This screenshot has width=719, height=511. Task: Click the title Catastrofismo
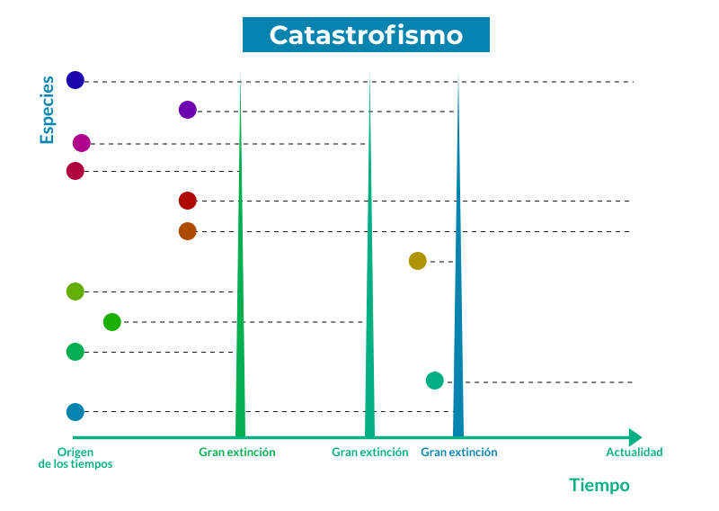click(x=366, y=35)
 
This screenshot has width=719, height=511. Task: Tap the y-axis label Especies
click(x=47, y=110)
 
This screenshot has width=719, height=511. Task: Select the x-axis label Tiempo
click(x=599, y=485)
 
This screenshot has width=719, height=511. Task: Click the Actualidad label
click(x=635, y=453)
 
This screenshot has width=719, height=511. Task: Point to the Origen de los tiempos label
click(x=75, y=458)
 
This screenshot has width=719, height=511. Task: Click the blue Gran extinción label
click(x=459, y=453)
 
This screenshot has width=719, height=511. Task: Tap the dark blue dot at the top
click(x=75, y=80)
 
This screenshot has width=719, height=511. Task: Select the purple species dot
click(x=188, y=110)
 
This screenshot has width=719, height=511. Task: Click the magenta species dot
click(x=82, y=143)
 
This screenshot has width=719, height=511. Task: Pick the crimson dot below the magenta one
click(x=75, y=171)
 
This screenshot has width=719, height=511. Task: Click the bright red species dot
click(x=188, y=201)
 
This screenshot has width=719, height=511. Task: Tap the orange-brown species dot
click(x=188, y=231)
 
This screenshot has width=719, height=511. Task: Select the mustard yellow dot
click(x=418, y=261)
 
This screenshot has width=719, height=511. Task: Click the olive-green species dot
click(x=75, y=291)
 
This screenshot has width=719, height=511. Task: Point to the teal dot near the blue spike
click(x=435, y=381)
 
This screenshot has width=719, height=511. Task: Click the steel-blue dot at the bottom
click(x=75, y=412)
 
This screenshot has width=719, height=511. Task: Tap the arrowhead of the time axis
click(x=635, y=437)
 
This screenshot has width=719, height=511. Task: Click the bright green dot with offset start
click(x=111, y=322)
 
